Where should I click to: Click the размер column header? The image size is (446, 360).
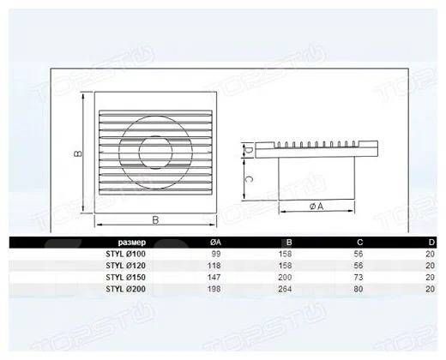click(132, 243)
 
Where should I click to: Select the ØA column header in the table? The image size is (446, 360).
click(215, 243)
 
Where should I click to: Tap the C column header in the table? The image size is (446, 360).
click(360, 243)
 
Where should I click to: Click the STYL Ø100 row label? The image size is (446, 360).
click(125, 254)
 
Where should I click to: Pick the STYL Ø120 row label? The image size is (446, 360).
click(125, 266)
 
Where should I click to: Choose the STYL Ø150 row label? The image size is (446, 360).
click(125, 278)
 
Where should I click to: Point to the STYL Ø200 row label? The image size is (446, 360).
click(125, 289)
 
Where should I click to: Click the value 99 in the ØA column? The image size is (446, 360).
click(216, 254)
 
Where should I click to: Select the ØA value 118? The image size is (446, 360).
click(214, 266)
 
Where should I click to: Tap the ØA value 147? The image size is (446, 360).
click(214, 278)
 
